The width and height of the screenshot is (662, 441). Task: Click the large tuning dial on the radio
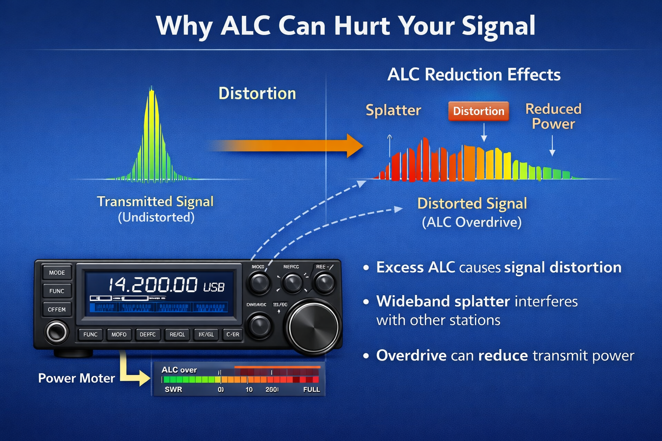click(313, 327)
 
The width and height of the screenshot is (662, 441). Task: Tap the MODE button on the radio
click(57, 273)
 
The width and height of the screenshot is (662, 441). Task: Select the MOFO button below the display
click(119, 335)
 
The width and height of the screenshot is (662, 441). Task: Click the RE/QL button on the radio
click(177, 335)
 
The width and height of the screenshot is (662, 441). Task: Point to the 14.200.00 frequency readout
click(153, 285)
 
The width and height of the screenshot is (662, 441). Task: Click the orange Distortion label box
click(478, 111)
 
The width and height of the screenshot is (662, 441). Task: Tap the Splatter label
click(393, 110)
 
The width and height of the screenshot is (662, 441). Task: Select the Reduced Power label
click(553, 116)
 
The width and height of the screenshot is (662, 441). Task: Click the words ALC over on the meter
click(179, 370)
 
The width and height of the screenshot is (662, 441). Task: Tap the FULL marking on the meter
click(311, 389)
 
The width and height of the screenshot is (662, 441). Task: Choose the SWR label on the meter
click(173, 389)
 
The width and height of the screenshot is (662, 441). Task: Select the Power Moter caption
click(76, 378)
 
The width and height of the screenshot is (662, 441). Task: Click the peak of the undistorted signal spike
click(151, 90)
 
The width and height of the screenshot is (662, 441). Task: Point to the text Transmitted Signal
click(155, 202)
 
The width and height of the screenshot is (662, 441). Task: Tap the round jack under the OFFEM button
click(57, 332)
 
